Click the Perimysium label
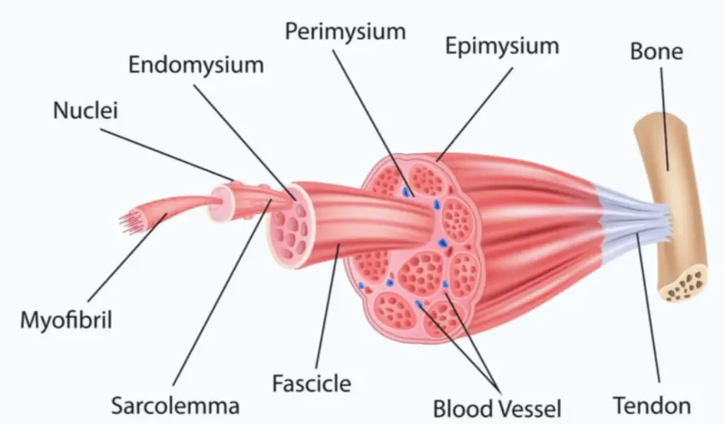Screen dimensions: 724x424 (x=345, y=31)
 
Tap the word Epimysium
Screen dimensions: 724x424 (x=502, y=46)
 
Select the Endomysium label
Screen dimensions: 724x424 (x=196, y=65)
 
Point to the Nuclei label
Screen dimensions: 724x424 (x=86, y=111)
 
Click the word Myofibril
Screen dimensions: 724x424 (x=66, y=319)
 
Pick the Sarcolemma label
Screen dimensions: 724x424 (x=175, y=406)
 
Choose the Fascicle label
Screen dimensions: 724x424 (x=312, y=384)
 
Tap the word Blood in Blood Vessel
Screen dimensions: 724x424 (x=462, y=408)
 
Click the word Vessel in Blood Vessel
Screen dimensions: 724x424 (x=530, y=408)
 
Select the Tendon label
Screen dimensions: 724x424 (x=652, y=406)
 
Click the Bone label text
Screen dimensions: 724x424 (x=656, y=51)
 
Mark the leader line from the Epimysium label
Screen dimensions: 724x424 (x=474, y=114)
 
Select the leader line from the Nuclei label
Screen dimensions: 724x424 (x=167, y=155)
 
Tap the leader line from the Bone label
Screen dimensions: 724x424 (x=665, y=119)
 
